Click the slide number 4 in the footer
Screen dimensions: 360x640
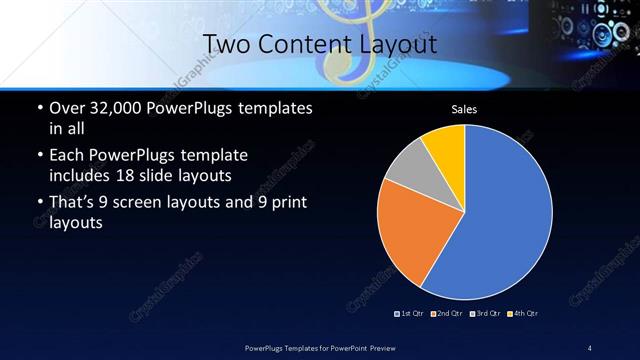tap(589, 347)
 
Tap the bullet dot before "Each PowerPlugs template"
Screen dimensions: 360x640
tap(38, 157)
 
